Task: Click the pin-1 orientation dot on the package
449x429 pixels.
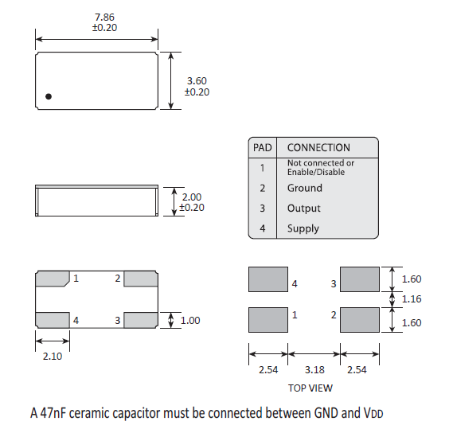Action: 49,96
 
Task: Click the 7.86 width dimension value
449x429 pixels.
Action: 104,18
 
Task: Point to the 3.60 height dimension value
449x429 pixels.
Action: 197,80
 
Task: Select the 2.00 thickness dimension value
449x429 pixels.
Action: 192,197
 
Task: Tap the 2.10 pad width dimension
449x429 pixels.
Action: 53,357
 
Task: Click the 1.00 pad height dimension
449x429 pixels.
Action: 190,320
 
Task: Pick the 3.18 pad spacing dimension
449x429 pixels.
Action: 314,370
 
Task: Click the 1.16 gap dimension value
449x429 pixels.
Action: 412,299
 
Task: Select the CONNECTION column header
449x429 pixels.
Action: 318,147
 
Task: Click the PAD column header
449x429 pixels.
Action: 262,147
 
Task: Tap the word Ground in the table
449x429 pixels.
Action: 305,188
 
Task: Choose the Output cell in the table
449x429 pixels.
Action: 304,209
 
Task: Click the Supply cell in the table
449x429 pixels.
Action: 303,228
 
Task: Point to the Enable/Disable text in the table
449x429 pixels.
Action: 316,172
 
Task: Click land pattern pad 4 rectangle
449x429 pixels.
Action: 268,279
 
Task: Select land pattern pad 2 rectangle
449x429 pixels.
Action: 360,320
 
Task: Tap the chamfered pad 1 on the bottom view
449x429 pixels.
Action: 53,279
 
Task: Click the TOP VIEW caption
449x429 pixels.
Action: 310,388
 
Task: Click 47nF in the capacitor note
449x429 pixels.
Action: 53,413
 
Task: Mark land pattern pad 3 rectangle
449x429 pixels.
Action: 360,279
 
